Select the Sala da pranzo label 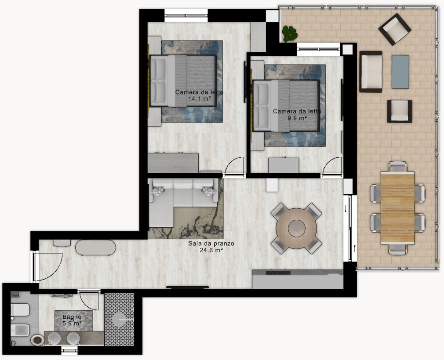point(211,244)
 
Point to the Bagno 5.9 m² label point(72,320)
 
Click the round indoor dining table point(296,228)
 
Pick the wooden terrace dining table point(397,208)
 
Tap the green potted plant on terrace point(290,34)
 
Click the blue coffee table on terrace point(400,72)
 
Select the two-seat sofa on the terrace point(371,72)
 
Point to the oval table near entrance point(95,248)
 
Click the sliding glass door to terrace point(350,228)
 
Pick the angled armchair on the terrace point(395,29)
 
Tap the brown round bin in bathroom point(37,340)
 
